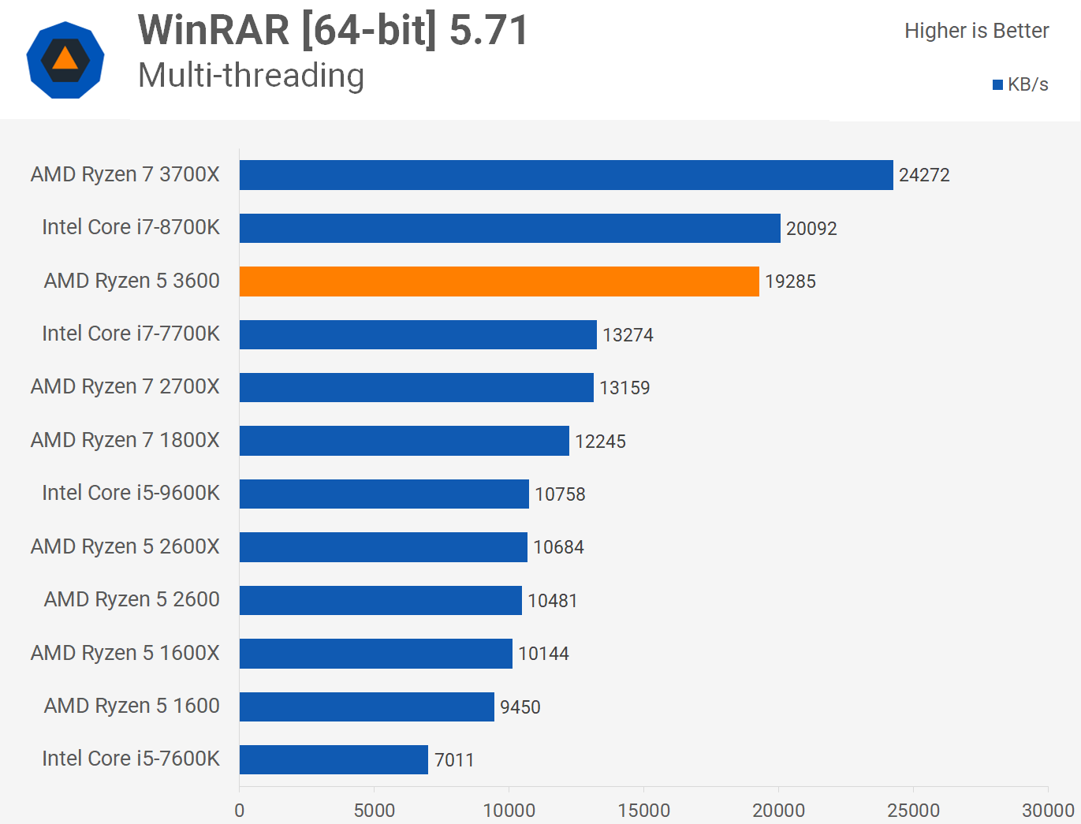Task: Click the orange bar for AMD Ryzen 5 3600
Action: [x=499, y=282]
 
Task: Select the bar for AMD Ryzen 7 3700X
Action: [x=566, y=175]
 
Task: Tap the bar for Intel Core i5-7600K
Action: [x=334, y=759]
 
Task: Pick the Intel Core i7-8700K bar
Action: [x=509, y=228]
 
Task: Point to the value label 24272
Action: [x=924, y=175]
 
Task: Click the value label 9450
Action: [x=520, y=707]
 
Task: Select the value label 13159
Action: [x=624, y=388]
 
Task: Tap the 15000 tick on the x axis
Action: [x=643, y=811]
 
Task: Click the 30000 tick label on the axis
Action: [x=1048, y=811]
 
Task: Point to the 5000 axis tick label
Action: [x=374, y=811]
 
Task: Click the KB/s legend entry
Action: [x=1021, y=84]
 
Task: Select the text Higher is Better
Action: [x=976, y=31]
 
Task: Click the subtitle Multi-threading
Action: [x=251, y=76]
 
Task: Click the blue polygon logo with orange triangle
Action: [x=65, y=60]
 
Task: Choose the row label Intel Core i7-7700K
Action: [x=131, y=334]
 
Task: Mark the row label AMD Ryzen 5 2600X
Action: [x=125, y=546]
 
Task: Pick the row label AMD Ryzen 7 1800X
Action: [x=125, y=440]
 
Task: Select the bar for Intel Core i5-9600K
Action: [x=384, y=494]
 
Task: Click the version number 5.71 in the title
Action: [x=488, y=31]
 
